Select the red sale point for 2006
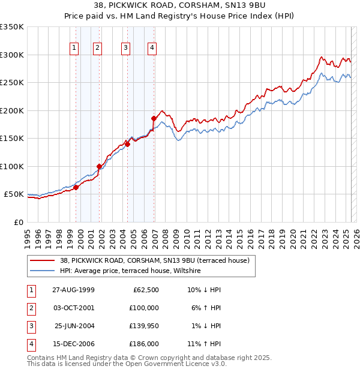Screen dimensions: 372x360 [154, 118]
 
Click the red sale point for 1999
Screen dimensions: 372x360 [76, 187]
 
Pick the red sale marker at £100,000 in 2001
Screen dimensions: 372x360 [99, 166]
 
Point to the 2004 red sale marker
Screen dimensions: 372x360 [128, 144]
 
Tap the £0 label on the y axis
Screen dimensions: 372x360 [18, 222]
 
